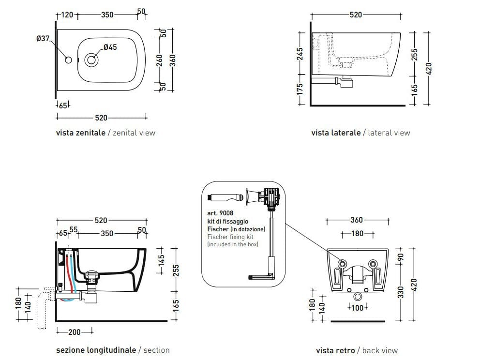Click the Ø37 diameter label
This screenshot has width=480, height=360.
pos(43,39)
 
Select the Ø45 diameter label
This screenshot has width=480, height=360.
pos(110,47)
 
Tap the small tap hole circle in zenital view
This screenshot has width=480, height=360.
pos(68,60)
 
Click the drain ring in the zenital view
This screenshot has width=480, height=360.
pos(90,60)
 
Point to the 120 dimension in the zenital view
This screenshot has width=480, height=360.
pos(67,15)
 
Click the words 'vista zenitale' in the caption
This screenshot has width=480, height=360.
pos(80,133)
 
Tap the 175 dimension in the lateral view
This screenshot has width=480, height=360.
pos(300,90)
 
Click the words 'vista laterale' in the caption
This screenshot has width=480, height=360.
pos(336,133)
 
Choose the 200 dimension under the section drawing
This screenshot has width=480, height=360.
pos(74,332)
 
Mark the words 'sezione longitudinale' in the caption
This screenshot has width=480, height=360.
pos(96,350)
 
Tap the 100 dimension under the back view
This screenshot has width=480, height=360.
pos(358,307)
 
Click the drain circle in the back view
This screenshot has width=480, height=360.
pos(358,297)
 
